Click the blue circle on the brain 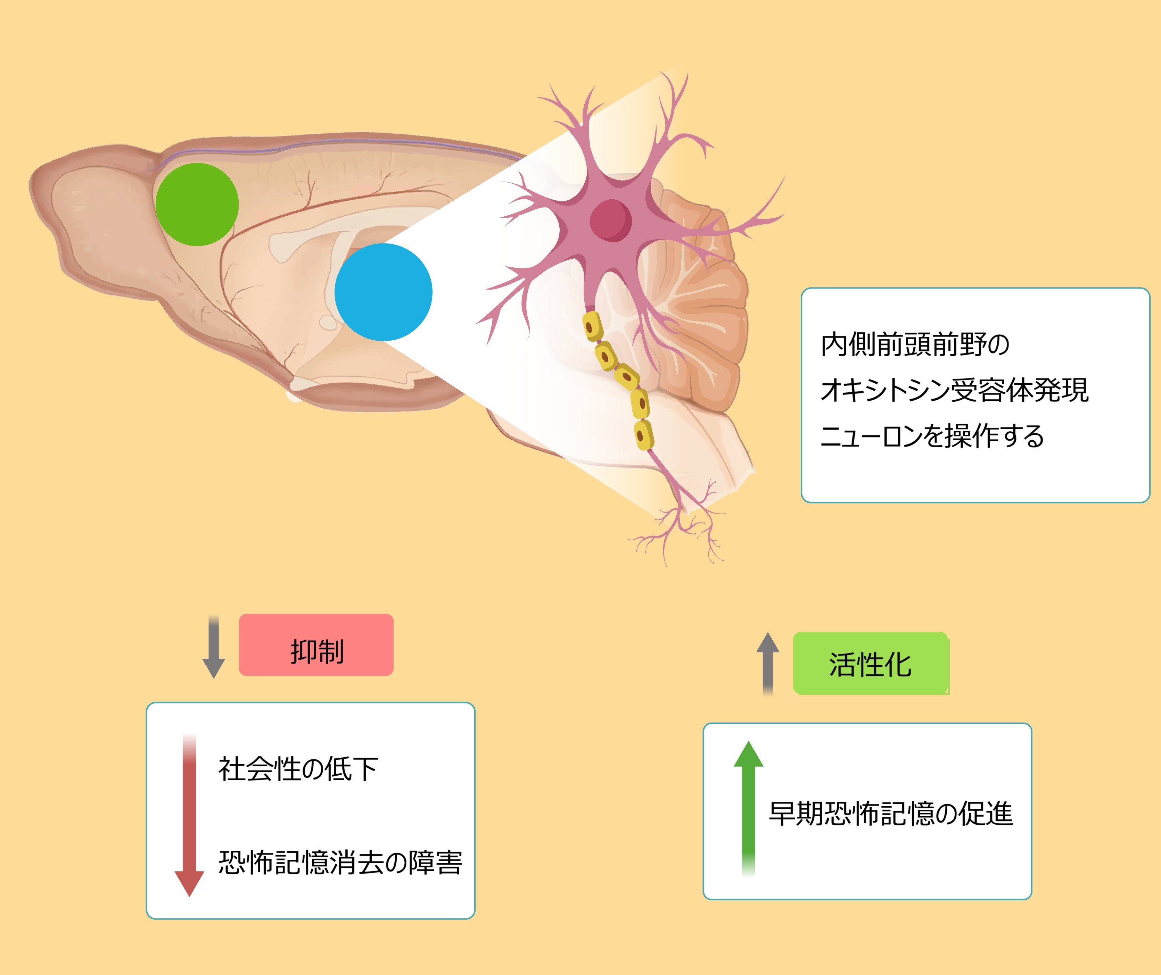pyautogui.click(x=383, y=292)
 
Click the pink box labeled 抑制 pyautogui.click(x=316, y=644)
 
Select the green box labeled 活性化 pyautogui.click(x=870, y=663)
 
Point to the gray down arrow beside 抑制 pyautogui.click(x=213, y=647)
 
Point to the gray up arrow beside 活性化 pyautogui.click(x=767, y=663)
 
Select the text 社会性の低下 pyautogui.click(x=298, y=769)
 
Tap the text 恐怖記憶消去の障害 pyautogui.click(x=340, y=862)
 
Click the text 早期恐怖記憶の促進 pyautogui.click(x=890, y=814)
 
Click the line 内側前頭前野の pyautogui.click(x=915, y=344)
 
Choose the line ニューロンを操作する pyautogui.click(x=932, y=436)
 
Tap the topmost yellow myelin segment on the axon pyautogui.click(x=593, y=326)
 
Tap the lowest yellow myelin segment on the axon pyautogui.click(x=643, y=435)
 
